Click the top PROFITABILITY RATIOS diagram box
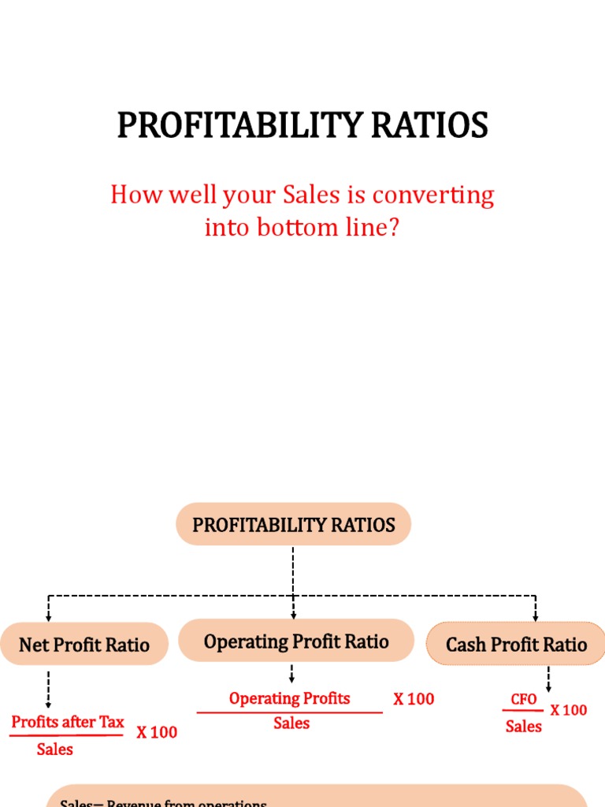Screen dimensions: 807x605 coord(294,525)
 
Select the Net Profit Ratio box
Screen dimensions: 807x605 coord(84,645)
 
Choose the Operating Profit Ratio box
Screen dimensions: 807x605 coord(296,641)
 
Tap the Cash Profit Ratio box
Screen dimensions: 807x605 coord(516,645)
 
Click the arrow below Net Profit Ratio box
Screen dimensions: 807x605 coord(48,689)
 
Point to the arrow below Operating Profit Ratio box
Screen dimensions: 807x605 coord(292,673)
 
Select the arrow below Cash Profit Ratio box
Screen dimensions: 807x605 coord(548,679)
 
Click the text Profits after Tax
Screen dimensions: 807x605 coord(68,722)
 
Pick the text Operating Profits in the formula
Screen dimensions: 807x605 coord(289,698)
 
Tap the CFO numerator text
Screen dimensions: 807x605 coord(523,700)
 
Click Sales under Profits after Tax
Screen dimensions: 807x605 coord(54,749)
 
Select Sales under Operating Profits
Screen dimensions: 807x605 coord(291,723)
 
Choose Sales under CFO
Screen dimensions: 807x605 coord(523,727)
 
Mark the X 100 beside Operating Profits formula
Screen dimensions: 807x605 coord(414,699)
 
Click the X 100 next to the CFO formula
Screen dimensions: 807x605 coord(568,710)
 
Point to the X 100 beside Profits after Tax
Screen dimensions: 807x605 coord(157,732)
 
